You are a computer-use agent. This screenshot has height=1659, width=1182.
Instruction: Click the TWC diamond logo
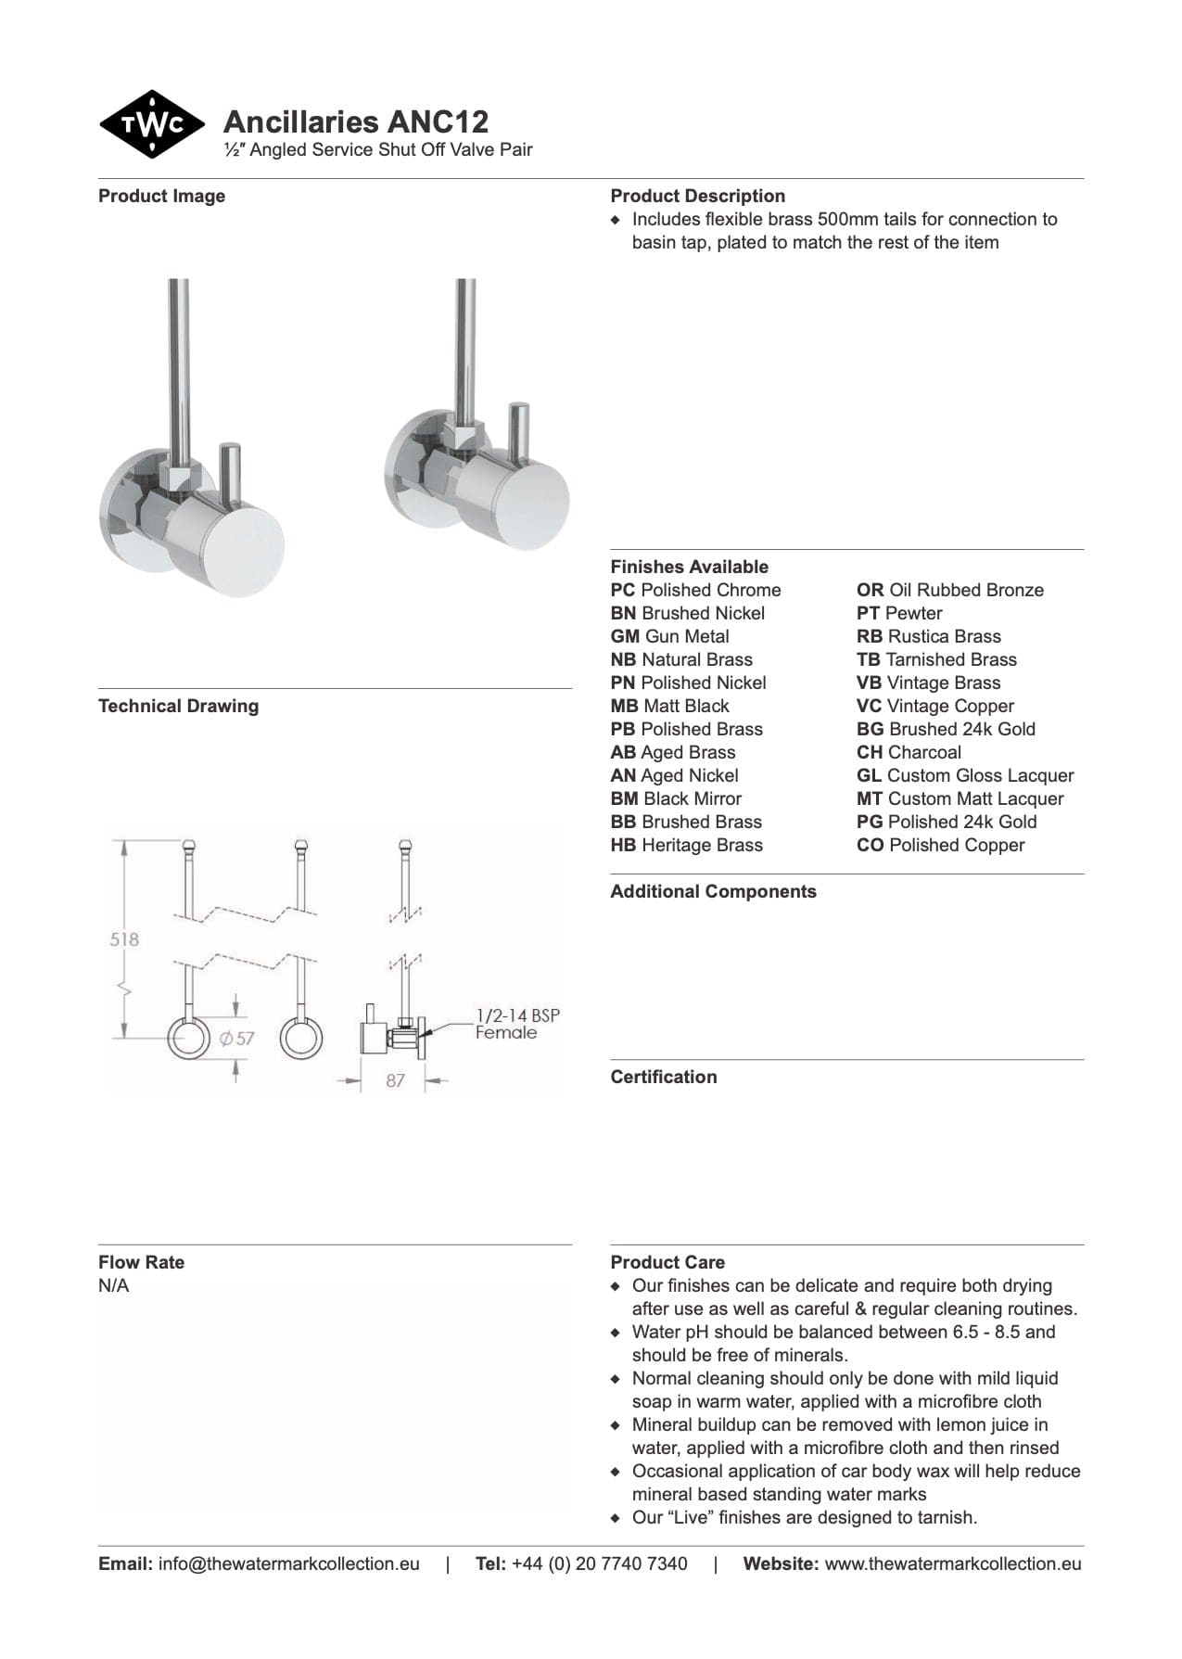pyautogui.click(x=152, y=124)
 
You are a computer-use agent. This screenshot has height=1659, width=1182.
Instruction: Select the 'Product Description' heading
pyautogui.click(x=697, y=196)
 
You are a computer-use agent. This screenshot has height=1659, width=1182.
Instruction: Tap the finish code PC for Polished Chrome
pyautogui.click(x=622, y=590)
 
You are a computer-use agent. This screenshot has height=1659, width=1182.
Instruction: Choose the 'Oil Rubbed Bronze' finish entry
pyautogui.click(x=950, y=590)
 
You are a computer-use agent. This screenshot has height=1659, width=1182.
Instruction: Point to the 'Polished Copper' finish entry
pyautogui.click(x=941, y=845)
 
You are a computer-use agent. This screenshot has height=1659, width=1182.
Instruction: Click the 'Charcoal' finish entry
pyautogui.click(x=909, y=752)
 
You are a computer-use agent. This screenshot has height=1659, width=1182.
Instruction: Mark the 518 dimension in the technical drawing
pyautogui.click(x=124, y=938)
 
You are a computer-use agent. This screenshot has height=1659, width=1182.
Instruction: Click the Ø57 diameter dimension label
pyautogui.click(x=237, y=1038)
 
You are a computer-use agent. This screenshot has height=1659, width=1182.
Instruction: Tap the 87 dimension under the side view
pyautogui.click(x=396, y=1080)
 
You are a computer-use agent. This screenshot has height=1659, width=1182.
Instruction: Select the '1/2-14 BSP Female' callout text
pyautogui.click(x=517, y=1024)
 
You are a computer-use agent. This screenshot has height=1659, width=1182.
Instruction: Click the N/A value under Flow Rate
pyautogui.click(x=114, y=1285)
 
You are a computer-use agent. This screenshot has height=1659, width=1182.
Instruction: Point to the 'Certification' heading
pyautogui.click(x=664, y=1077)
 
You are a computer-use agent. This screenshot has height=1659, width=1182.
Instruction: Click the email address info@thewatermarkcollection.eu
pyautogui.click(x=288, y=1563)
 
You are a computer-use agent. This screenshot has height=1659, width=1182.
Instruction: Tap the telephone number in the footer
pyautogui.click(x=599, y=1563)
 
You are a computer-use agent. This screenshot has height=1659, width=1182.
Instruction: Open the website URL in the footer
pyautogui.click(x=953, y=1563)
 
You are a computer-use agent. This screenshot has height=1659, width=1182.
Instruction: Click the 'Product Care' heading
pyautogui.click(x=667, y=1262)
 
